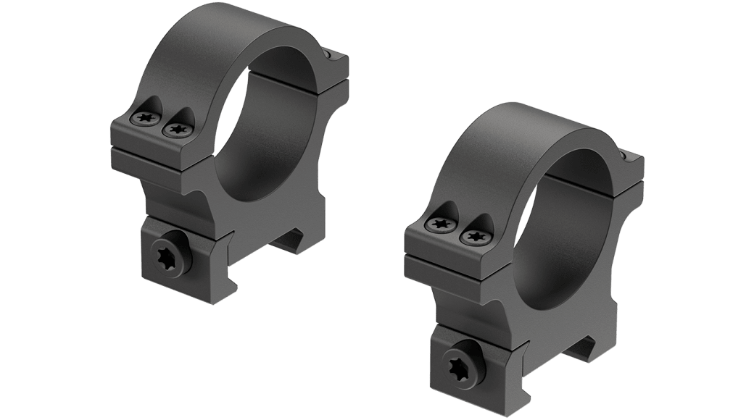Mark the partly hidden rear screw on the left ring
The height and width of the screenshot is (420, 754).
click(333, 55)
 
